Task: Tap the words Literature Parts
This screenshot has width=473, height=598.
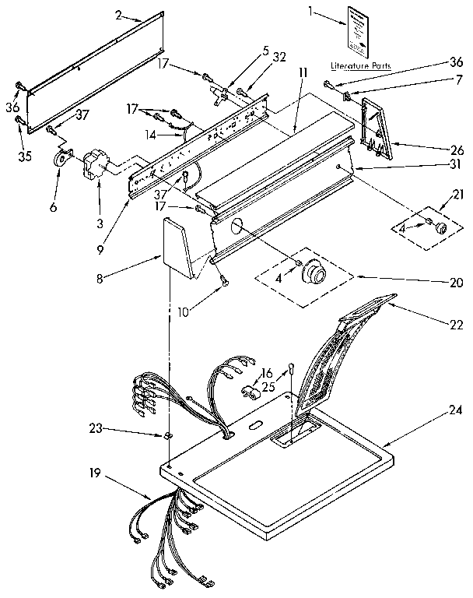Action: [x=360, y=65]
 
